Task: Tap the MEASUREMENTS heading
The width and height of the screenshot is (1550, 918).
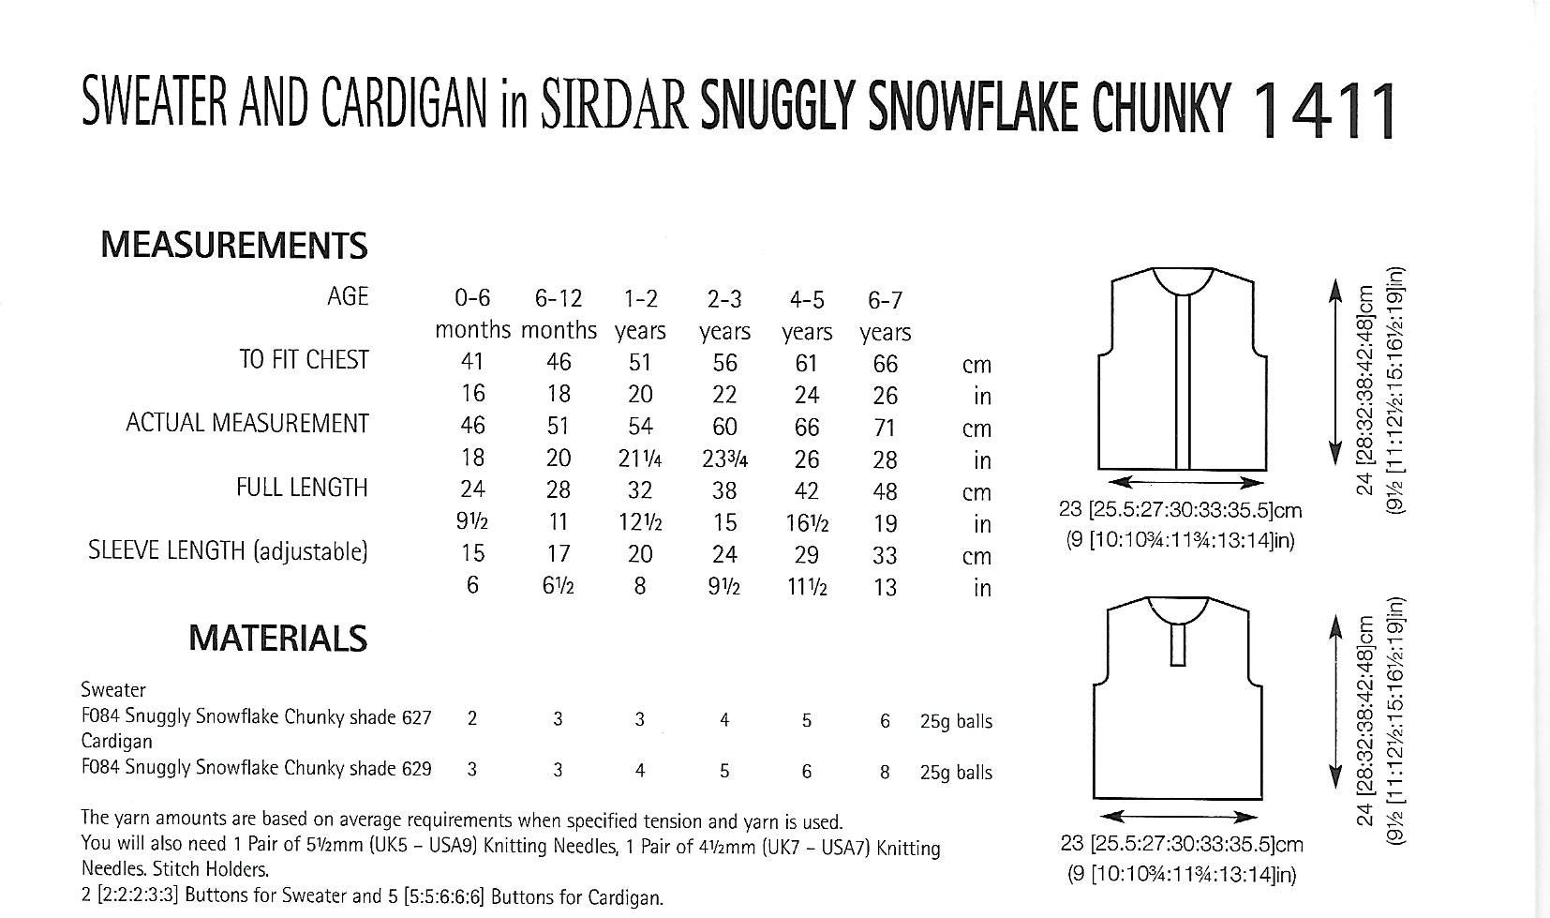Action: pos(233,245)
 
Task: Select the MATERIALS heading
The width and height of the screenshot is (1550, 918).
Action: pos(277,639)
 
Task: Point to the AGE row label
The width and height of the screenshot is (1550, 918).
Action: pos(348,297)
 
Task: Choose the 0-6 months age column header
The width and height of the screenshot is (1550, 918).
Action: pos(472,314)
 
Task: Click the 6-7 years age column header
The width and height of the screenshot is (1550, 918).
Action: pos(885,316)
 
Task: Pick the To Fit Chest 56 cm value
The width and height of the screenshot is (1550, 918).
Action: pos(724,363)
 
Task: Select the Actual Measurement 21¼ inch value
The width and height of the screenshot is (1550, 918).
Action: pos(640,459)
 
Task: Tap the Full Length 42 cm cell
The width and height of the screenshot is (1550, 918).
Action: pos(806,491)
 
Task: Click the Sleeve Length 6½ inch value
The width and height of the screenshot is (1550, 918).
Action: pos(558,587)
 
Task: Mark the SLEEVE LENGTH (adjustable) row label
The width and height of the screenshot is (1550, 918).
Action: pos(228,551)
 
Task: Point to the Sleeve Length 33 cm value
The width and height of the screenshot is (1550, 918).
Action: pos(885,555)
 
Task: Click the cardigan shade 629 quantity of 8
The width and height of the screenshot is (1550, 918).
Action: pos(885,772)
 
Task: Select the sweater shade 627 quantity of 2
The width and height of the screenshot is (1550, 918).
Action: pos(472,719)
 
